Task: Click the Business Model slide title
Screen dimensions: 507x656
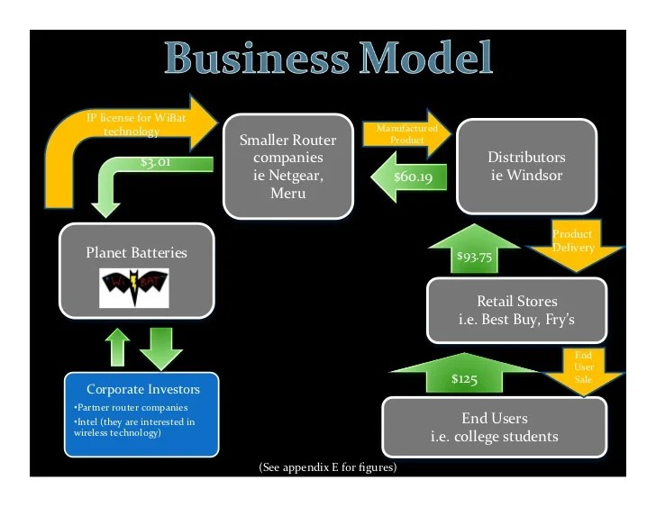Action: point(330,59)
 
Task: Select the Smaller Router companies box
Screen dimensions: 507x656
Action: point(288,166)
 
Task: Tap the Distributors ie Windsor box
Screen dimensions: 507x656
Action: point(526,166)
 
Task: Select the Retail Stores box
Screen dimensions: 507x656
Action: point(517,310)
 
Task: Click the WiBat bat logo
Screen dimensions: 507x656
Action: point(133,287)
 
